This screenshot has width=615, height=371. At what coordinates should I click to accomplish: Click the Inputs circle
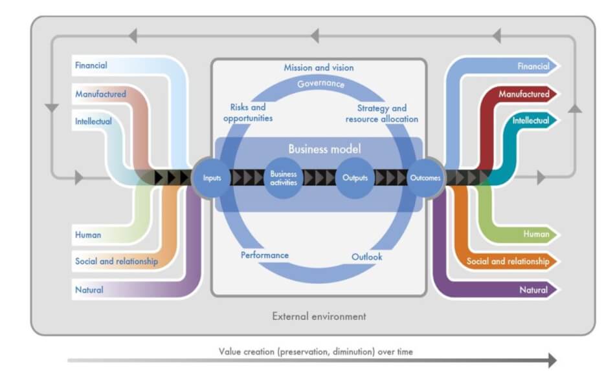(x=212, y=178)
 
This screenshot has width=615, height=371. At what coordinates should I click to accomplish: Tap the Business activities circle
(x=283, y=178)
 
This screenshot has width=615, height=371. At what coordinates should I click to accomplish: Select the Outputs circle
(x=355, y=178)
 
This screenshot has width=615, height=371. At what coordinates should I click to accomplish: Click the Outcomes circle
(x=425, y=178)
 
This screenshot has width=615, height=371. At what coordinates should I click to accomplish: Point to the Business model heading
(x=324, y=149)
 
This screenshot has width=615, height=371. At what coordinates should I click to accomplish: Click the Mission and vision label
(x=319, y=67)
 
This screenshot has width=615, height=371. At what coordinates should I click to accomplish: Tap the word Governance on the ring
(x=321, y=83)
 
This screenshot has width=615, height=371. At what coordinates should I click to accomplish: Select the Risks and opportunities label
(x=248, y=112)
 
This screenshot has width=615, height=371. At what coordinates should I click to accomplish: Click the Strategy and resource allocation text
(x=382, y=113)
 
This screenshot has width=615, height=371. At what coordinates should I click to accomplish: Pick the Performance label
(x=264, y=255)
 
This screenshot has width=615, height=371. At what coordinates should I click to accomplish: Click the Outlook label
(x=366, y=257)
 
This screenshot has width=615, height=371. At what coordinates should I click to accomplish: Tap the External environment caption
(x=319, y=316)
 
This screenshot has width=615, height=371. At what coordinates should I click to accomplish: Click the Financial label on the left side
(x=91, y=65)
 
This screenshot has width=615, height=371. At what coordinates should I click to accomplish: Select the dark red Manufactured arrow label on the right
(x=524, y=94)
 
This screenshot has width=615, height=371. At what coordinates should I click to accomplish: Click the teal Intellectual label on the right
(x=531, y=120)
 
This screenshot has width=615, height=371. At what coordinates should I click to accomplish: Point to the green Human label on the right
(x=536, y=234)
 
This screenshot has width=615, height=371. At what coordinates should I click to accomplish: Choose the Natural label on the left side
(x=89, y=290)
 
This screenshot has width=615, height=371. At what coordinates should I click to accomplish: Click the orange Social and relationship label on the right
(x=508, y=261)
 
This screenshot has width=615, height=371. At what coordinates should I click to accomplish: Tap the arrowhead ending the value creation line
(x=552, y=360)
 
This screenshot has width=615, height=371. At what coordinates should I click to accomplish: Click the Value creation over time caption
(x=316, y=352)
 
